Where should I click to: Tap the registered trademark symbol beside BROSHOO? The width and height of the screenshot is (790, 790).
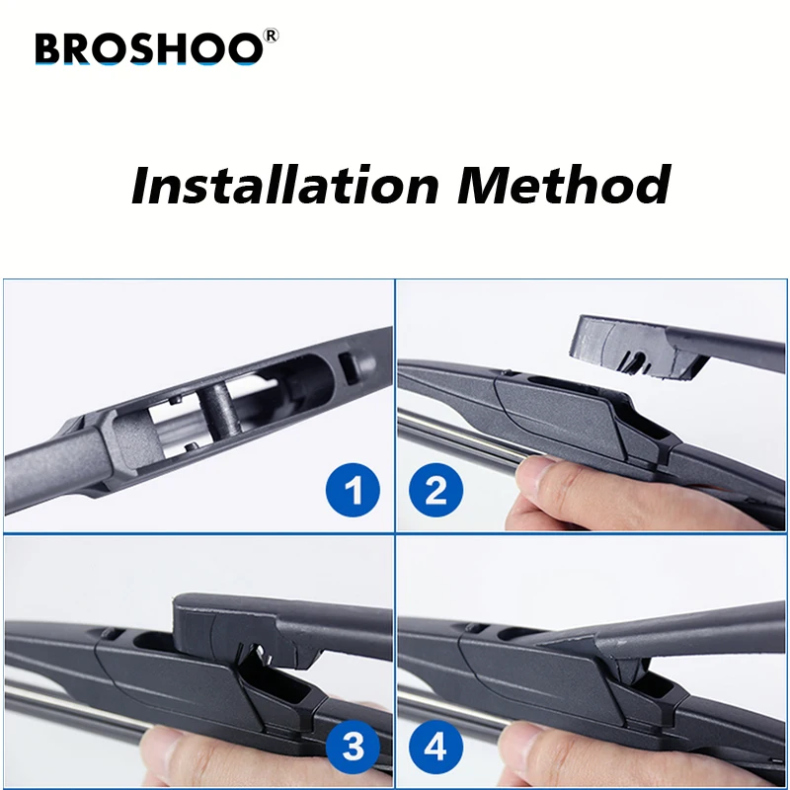[272, 36]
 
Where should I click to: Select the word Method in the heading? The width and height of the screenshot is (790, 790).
[563, 185]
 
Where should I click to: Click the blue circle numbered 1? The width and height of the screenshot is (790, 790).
[353, 489]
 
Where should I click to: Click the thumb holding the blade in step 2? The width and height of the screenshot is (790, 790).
[553, 484]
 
